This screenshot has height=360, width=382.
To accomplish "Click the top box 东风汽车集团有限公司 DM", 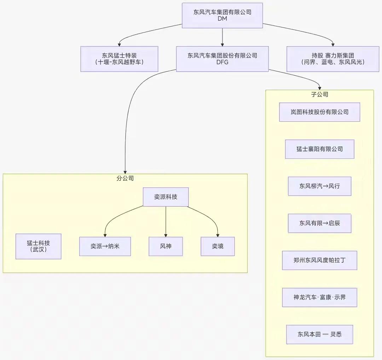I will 222,16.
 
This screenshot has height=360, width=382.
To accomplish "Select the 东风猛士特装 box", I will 119,59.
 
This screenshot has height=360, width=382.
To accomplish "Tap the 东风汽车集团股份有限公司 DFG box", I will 222,59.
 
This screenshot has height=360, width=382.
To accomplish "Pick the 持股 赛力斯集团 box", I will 332,59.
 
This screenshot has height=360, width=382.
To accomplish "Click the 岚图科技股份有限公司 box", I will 319,112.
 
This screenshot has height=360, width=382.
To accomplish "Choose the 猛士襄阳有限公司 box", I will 319,149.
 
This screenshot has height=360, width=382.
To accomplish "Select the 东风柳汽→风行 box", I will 319,186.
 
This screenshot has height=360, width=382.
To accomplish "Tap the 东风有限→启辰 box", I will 319,223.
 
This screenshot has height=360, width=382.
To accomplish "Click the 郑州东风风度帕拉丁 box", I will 319,260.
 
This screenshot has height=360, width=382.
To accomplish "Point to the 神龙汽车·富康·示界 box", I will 319,297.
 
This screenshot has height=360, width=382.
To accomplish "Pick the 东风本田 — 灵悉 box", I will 319,334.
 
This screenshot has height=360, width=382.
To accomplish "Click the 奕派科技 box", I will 166,197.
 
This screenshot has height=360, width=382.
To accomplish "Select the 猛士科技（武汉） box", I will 38,246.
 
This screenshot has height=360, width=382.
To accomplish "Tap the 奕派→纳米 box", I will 105,246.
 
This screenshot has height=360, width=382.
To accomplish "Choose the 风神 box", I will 166,246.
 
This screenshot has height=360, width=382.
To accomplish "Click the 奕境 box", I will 218,246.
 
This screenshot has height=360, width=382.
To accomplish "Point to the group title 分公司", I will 125,179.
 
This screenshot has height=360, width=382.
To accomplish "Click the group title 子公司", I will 319,94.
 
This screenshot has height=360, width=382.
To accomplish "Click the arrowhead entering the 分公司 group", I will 125,172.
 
